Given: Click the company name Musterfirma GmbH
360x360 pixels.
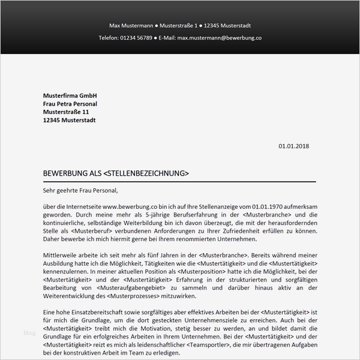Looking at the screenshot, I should pos(70,96).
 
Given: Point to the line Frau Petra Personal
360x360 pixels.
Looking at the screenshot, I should pos(70,104).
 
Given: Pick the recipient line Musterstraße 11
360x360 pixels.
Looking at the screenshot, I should pos(66,112).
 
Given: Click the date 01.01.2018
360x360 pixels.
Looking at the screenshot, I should pos(293,146).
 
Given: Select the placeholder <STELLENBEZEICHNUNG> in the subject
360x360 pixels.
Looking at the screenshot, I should pos(146,174).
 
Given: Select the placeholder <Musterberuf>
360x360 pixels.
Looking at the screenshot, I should pos(92,230).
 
